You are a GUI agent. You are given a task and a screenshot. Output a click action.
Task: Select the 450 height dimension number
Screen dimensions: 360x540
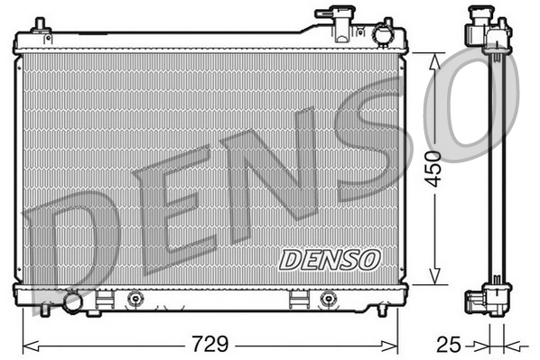436,168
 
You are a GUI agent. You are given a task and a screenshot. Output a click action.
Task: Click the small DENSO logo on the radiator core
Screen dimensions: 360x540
330,260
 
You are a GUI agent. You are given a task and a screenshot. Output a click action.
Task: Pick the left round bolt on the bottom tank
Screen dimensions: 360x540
135,299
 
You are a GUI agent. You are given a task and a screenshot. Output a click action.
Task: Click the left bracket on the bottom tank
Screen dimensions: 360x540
105,299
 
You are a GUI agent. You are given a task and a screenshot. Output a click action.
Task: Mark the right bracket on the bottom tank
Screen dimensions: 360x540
297,299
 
